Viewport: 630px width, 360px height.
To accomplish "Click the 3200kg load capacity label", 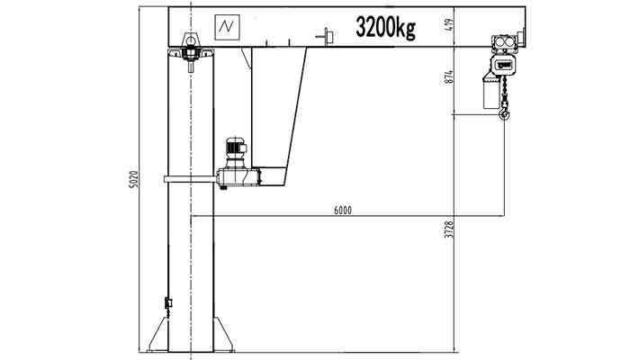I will click(x=385, y=27).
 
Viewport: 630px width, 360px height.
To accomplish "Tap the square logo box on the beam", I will click(x=225, y=28).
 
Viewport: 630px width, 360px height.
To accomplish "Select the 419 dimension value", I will click(x=448, y=26).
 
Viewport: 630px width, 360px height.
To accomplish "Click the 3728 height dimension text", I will click(x=448, y=234).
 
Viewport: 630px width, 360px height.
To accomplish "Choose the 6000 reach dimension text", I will click(x=342, y=211).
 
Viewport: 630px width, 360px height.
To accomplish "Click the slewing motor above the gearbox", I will click(x=236, y=148).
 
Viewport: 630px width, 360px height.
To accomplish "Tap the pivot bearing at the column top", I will click(x=190, y=45).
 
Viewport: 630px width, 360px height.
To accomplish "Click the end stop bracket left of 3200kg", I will click(x=326, y=35).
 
